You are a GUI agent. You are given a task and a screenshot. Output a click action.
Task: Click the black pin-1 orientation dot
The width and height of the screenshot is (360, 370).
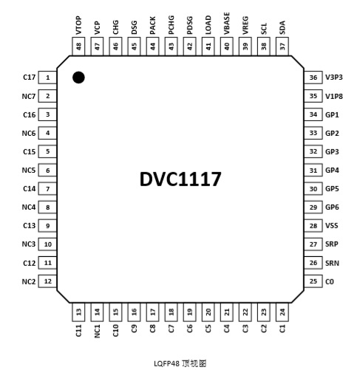click(78, 78)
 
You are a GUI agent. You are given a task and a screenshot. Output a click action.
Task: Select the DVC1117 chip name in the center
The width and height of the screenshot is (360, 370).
click(180, 179)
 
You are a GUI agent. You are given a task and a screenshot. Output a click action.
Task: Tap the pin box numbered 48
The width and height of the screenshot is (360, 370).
click(78, 47)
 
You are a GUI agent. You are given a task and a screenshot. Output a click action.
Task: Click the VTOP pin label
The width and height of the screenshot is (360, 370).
click(78, 25)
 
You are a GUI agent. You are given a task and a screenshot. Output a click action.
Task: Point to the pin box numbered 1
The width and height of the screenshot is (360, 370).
click(47, 78)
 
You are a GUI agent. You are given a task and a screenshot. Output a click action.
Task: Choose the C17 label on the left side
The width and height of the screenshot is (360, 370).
click(30, 78)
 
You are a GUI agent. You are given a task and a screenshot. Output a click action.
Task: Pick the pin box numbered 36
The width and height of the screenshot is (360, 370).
click(313, 78)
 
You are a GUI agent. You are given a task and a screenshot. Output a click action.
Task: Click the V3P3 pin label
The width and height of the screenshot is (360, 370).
click(334, 78)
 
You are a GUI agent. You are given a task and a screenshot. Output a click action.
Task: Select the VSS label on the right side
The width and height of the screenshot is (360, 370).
click(332, 226)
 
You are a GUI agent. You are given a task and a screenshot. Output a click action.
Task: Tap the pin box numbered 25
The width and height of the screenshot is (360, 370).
click(313, 281)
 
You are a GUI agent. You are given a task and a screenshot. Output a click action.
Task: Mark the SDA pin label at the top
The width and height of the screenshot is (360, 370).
click(282, 27)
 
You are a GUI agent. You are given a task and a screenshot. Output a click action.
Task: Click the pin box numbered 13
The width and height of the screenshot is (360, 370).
click(78, 312)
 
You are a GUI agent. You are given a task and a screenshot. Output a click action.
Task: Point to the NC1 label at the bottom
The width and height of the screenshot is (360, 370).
click(97, 331)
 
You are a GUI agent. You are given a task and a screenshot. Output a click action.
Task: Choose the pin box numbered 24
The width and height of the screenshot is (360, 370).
click(282, 312)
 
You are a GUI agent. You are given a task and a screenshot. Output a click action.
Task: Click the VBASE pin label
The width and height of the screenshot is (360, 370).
click(227, 24)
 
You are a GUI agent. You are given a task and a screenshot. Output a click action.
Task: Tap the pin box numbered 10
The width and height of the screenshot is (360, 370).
click(47, 244)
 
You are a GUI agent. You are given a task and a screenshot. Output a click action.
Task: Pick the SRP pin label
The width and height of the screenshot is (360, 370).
click(332, 244)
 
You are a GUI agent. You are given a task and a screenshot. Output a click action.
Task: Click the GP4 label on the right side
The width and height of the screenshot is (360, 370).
click(332, 170)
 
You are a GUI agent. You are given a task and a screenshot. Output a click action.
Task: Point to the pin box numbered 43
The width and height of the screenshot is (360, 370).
click(171, 47)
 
